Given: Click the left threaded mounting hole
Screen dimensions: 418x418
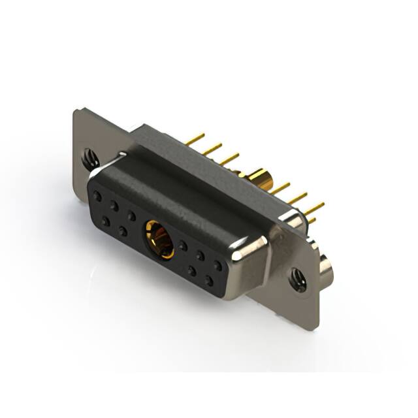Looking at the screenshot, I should (x=91, y=157).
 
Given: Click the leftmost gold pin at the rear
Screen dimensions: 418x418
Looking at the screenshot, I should (x=195, y=139).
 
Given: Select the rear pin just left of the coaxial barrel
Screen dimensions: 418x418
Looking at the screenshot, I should (x=229, y=159).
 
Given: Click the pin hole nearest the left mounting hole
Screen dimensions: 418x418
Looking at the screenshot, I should (x=97, y=195).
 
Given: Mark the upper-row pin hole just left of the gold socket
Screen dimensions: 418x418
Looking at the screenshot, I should (x=131, y=215).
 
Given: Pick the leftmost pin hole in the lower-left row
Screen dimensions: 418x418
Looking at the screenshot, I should (x=106, y=221).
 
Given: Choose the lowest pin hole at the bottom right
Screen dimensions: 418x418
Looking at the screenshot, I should (x=209, y=281).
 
